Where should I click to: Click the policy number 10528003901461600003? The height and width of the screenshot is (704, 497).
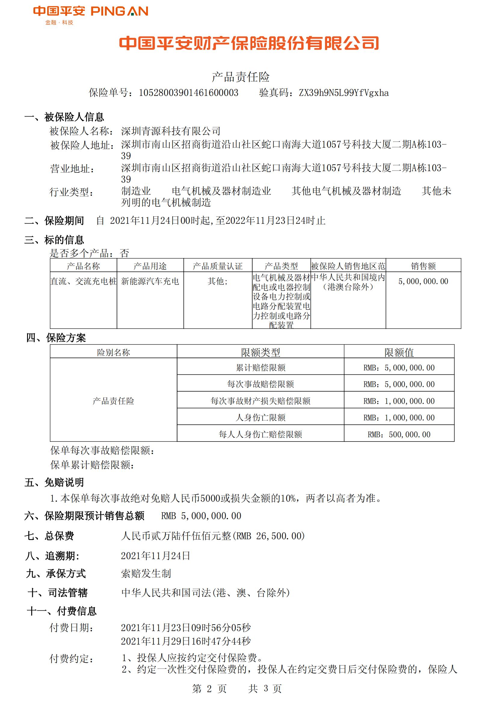pyautogui.click(x=188, y=93)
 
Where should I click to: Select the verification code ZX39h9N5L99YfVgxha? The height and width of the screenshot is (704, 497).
pyautogui.click(x=344, y=93)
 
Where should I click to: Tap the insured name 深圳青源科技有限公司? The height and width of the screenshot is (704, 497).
pyautogui.click(x=170, y=131)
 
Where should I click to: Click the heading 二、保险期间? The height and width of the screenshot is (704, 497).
pyautogui.click(x=54, y=220)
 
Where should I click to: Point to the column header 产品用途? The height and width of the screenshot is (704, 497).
pyautogui.click(x=150, y=266)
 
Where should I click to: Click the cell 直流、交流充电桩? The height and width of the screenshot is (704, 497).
pyautogui.click(x=83, y=281)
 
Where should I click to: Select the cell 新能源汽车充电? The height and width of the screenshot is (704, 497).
pyautogui.click(x=150, y=281)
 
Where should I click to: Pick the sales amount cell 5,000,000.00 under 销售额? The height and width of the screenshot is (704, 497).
pyautogui.click(x=423, y=281)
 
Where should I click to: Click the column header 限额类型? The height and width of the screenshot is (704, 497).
pyautogui.click(x=260, y=352)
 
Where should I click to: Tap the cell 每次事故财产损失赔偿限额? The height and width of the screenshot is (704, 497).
pyautogui.click(x=260, y=401)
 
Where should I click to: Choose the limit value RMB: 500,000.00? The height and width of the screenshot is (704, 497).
pyautogui.click(x=399, y=434)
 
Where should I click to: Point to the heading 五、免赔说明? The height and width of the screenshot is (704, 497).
pyautogui.click(x=54, y=482)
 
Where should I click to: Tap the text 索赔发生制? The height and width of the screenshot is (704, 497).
pyautogui.click(x=146, y=573)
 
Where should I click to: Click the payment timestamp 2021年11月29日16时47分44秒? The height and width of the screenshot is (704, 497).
pyautogui.click(x=186, y=641)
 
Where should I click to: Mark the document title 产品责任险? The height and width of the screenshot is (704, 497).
pyautogui.click(x=241, y=77)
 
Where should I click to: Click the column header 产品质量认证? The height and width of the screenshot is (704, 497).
pyautogui.click(x=217, y=266)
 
